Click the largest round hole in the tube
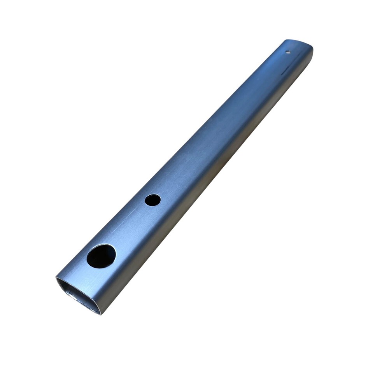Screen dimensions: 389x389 point(101,256)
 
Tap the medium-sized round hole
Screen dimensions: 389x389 point(152,200)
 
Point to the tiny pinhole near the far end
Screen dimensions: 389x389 point(288,52)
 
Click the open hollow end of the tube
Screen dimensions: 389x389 point(78,295)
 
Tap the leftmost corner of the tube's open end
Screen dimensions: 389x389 point(57,278)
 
